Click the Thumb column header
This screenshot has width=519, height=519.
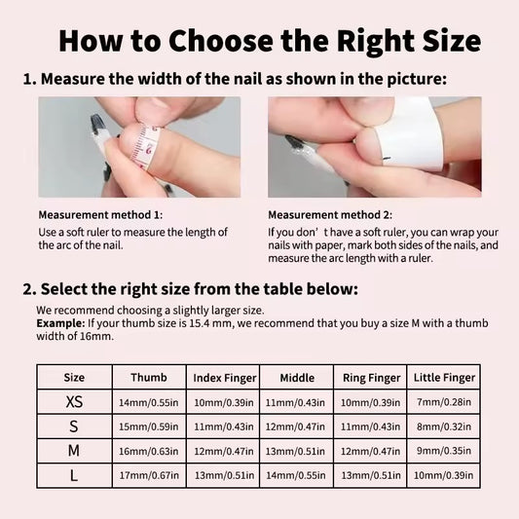tap(149, 378)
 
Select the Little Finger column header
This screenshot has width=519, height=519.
tap(444, 378)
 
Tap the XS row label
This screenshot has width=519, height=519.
tap(74, 402)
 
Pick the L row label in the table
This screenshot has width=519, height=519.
tap(74, 475)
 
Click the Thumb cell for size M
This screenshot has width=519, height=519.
tap(149, 451)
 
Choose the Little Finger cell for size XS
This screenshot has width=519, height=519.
tap(444, 402)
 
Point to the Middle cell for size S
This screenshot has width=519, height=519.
tap(295, 426)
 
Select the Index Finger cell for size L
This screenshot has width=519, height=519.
tap(224, 475)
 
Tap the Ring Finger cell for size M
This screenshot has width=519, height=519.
tap(370, 451)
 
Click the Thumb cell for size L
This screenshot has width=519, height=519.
tap(149, 475)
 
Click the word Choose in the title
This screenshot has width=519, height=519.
tap(221, 41)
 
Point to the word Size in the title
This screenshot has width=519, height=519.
tap(452, 41)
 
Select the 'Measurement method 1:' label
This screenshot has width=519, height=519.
tap(100, 215)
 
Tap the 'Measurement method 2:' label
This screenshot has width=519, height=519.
tap(330, 215)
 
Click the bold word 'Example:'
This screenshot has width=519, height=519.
tap(60, 323)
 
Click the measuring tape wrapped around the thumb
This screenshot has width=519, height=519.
tap(146, 146)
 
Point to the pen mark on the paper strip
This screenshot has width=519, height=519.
tap(387, 160)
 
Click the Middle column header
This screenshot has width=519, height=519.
tap(297, 378)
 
